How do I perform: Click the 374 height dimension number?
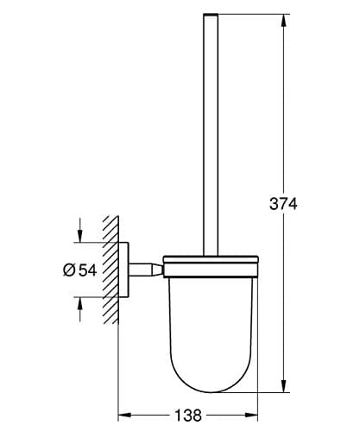[x=283, y=204]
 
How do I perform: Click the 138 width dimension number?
[x=188, y=416]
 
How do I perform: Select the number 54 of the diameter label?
[x=88, y=270]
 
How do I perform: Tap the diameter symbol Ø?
[x=69, y=270]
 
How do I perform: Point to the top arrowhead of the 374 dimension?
[x=283, y=21]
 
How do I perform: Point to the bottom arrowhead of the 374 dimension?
[x=283, y=385]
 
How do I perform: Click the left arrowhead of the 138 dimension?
[x=125, y=415]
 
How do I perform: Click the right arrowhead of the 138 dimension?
[x=251, y=415]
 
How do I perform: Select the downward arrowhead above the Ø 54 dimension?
[x=79, y=236]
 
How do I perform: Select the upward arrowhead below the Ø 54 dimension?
[x=79, y=303]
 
